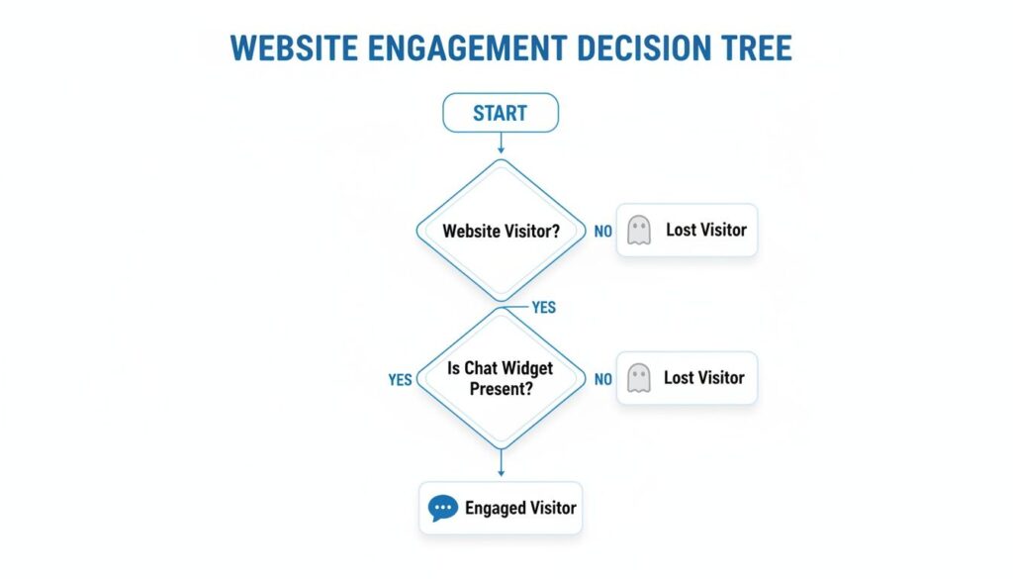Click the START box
tap(500, 113)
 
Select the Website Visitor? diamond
tap(501, 231)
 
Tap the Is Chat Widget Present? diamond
tap(501, 377)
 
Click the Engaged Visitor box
tap(501, 508)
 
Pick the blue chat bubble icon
tap(443, 509)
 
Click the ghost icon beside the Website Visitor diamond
tap(639, 231)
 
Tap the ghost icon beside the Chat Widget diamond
tap(639, 378)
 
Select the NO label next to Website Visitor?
tap(602, 232)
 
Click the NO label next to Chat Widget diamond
tap(602, 379)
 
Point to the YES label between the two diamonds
tap(544, 307)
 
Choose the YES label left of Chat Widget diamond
tap(400, 379)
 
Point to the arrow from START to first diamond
tap(501, 145)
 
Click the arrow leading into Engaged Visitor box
tap(501, 462)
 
